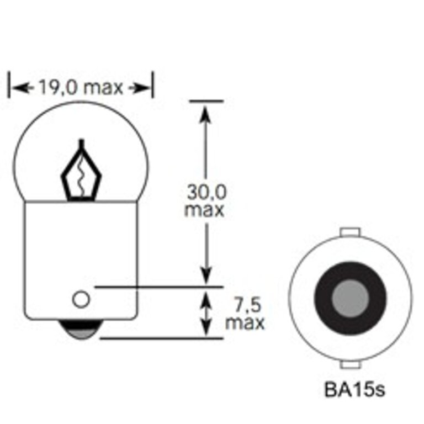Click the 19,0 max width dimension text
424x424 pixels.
pyautogui.click(x=80, y=87)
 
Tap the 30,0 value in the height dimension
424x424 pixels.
pyautogui.click(x=205, y=193)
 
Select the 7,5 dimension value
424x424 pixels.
pyautogui.click(x=244, y=304)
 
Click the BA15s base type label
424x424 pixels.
pyautogui.click(x=354, y=390)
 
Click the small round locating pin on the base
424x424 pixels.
pyautogui.click(x=81, y=300)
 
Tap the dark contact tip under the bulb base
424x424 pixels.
pyautogui.click(x=81, y=331)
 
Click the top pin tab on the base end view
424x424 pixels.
pyautogui.click(x=351, y=231)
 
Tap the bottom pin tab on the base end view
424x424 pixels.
pyautogui.click(x=351, y=365)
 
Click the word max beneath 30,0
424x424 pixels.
pyautogui.click(x=205, y=210)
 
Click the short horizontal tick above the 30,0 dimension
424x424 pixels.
pyautogui.click(x=205, y=101)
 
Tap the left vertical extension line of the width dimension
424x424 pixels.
pyautogui.click(x=9, y=86)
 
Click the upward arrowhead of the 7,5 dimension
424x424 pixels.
pyautogui.click(x=205, y=298)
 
